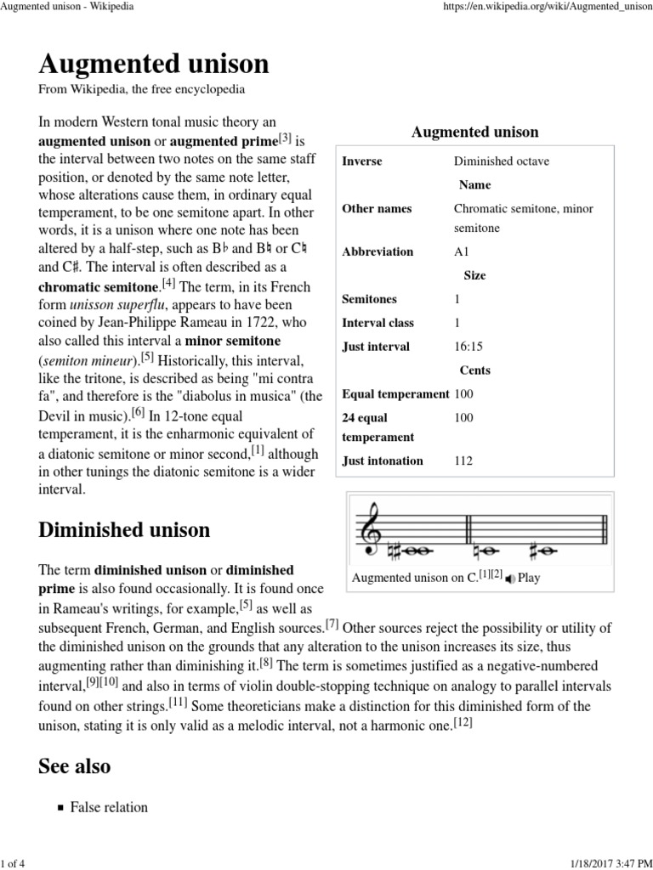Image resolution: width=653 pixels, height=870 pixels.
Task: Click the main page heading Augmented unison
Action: [154, 64]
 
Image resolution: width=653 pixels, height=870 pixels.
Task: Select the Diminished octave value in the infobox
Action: [501, 161]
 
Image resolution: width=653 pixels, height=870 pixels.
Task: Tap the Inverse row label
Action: [361, 161]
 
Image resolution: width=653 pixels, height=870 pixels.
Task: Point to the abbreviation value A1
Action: [462, 251]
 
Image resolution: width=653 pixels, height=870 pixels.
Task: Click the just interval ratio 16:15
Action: [468, 347]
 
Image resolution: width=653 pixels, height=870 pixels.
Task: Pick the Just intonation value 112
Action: [464, 460]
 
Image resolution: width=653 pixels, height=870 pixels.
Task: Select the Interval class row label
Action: [378, 323]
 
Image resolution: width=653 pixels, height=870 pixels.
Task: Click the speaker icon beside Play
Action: [509, 579]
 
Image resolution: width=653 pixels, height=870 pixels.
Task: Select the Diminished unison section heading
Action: [124, 530]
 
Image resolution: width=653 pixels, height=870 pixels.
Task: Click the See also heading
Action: [74, 766]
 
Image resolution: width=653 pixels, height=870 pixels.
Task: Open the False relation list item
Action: [109, 807]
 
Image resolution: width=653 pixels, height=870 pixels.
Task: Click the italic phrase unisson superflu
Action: [116, 304]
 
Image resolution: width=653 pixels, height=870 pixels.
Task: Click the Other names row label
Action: [377, 209]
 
